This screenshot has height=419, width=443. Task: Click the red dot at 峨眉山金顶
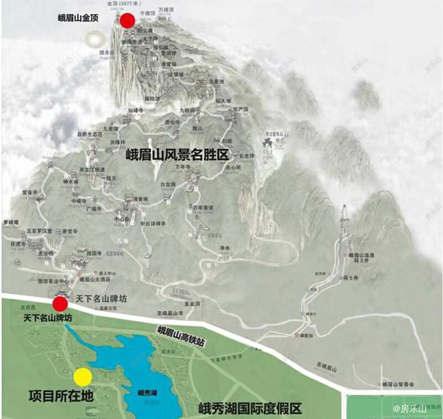[x=128, y=20]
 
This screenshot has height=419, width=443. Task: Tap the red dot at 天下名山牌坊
[x=60, y=303]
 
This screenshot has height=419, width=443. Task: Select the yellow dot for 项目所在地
[x=83, y=377]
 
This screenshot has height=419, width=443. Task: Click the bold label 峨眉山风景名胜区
[x=177, y=154]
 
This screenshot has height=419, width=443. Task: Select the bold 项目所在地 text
[x=60, y=396]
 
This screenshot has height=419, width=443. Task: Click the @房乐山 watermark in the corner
[x=410, y=409]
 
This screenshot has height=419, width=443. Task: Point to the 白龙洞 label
[x=168, y=184]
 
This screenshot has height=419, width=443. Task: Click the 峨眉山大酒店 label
[x=92, y=280]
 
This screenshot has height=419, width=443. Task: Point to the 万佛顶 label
[x=167, y=11]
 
